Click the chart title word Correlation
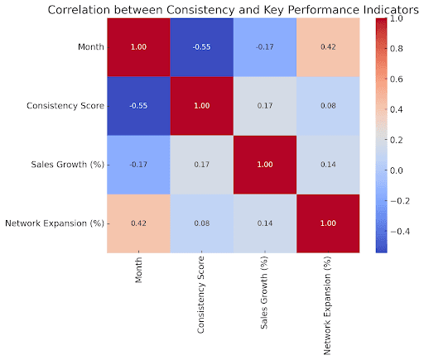tap(79, 10)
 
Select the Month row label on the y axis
tap(91, 47)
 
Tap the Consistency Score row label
tap(65, 106)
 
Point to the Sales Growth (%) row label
tap(68, 165)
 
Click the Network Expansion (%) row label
tap(55, 223)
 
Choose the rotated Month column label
tap(138, 270)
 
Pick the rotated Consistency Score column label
tap(200, 295)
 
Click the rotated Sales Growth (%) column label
tap(264, 292)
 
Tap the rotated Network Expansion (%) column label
tap(327, 305)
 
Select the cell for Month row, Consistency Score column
tap(202, 47)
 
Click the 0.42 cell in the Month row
tap(328, 47)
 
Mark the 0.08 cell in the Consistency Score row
tap(328, 106)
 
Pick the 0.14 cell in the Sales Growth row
tap(328, 165)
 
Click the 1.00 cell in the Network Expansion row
tap(328, 223)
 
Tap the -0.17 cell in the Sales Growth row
tap(138, 165)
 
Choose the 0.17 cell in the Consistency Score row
tap(265, 106)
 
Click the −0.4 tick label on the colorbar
tap(400, 232)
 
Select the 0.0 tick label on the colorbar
tap(397, 170)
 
